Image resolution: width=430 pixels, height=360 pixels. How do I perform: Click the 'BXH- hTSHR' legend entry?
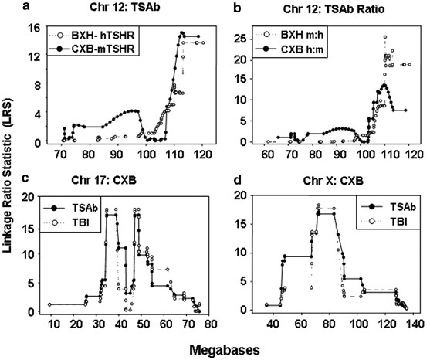(91, 35)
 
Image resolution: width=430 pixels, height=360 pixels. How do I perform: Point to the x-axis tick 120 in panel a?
(203, 155)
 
